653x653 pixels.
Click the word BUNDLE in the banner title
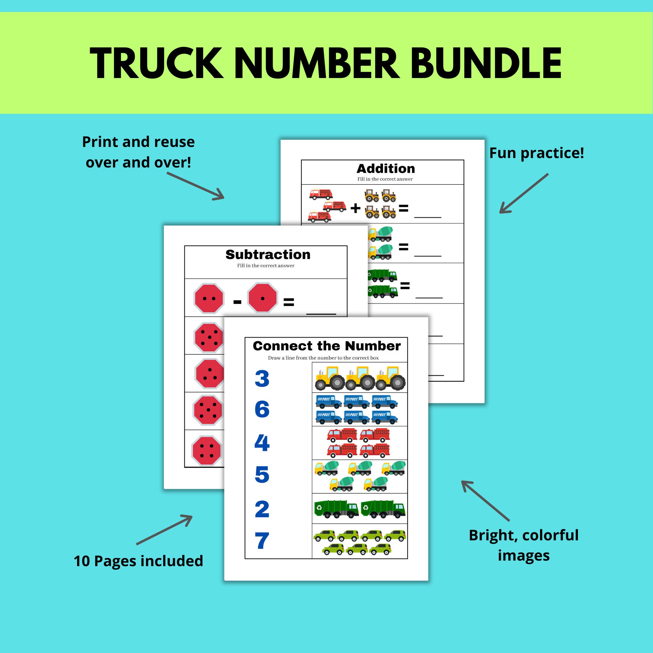[x=486, y=64]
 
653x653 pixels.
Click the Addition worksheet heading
[x=386, y=169]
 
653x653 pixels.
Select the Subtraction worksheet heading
[x=268, y=255]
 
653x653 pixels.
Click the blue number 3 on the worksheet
[x=262, y=379]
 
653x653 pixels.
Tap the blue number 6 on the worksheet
[x=262, y=409]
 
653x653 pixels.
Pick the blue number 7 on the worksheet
[x=262, y=541]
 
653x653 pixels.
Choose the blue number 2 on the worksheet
[x=262, y=509]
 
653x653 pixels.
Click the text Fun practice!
[x=536, y=153]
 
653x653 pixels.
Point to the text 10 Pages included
[x=138, y=561]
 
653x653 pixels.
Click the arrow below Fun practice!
[x=524, y=194]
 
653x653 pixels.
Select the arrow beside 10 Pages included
[x=165, y=530]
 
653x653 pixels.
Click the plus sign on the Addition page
[x=355, y=208]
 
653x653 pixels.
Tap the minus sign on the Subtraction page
[x=237, y=302]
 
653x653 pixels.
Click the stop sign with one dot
[x=263, y=298]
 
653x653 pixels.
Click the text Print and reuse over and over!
[x=138, y=152]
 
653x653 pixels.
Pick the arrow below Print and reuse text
[x=196, y=186]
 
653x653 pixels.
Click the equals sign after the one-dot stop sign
[x=288, y=302]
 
